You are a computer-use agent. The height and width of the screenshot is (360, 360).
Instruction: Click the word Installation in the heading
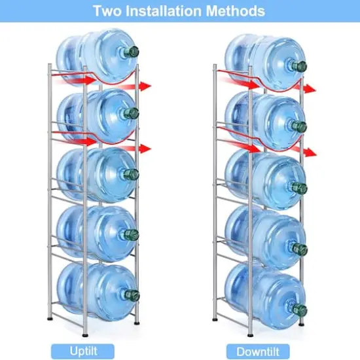(164, 10)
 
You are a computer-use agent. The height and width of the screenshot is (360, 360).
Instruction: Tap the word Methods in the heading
(236, 10)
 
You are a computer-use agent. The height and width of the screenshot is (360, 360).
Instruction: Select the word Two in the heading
(107, 10)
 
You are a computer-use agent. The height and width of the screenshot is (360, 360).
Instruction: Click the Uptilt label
(83, 351)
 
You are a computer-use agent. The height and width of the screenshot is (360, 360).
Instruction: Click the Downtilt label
(258, 351)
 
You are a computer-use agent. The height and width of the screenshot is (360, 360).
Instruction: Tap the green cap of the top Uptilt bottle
(132, 52)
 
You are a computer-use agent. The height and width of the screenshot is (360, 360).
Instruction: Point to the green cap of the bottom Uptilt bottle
(133, 295)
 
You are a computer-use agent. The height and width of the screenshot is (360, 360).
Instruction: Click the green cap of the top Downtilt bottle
(299, 66)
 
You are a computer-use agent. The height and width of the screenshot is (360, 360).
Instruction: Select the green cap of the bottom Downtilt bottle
(300, 310)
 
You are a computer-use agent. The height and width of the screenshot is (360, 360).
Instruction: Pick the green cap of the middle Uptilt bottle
(132, 174)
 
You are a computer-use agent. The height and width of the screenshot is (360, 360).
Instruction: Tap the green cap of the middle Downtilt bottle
(300, 188)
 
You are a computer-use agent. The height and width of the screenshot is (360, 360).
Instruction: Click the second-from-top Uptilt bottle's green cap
(132, 113)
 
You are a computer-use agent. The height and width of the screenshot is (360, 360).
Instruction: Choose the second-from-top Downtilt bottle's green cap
(299, 126)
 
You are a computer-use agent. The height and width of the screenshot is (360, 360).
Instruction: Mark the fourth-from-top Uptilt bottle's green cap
(132, 235)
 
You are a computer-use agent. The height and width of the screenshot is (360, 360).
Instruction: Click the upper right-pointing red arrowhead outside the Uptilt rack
(146, 86)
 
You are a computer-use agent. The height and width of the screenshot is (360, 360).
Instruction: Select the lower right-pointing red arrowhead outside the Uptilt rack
(146, 149)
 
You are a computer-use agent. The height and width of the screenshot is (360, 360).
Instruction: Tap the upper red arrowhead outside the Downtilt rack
(310, 89)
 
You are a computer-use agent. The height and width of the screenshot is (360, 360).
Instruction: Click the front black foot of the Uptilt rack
(84, 335)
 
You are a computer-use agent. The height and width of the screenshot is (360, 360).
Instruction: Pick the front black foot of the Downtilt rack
(250, 335)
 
